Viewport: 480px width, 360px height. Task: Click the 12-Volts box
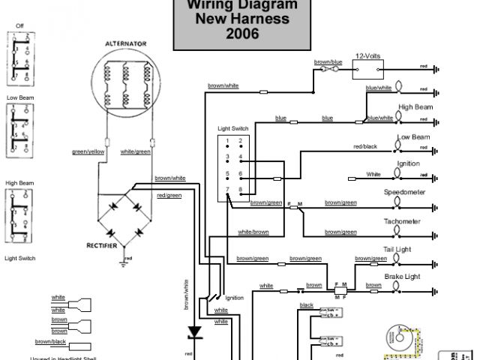[x=368, y=70]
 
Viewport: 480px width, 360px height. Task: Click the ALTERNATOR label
[x=125, y=43]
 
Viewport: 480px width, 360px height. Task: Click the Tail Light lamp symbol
[x=398, y=260]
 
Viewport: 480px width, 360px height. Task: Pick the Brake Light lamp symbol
[x=398, y=286]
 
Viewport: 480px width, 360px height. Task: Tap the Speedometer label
[x=404, y=193]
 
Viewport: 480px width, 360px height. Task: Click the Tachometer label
[x=402, y=221]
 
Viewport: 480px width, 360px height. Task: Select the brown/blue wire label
[x=328, y=61]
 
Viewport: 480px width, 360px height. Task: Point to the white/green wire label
[x=136, y=152]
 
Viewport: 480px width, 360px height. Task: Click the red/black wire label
[x=364, y=146]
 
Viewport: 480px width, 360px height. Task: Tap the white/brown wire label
[x=253, y=232]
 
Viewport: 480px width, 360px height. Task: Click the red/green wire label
[x=169, y=195]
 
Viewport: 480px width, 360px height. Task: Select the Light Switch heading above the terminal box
[x=233, y=129]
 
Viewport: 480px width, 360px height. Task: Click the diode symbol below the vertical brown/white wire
[x=195, y=331]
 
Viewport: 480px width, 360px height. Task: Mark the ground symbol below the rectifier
[x=124, y=262]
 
